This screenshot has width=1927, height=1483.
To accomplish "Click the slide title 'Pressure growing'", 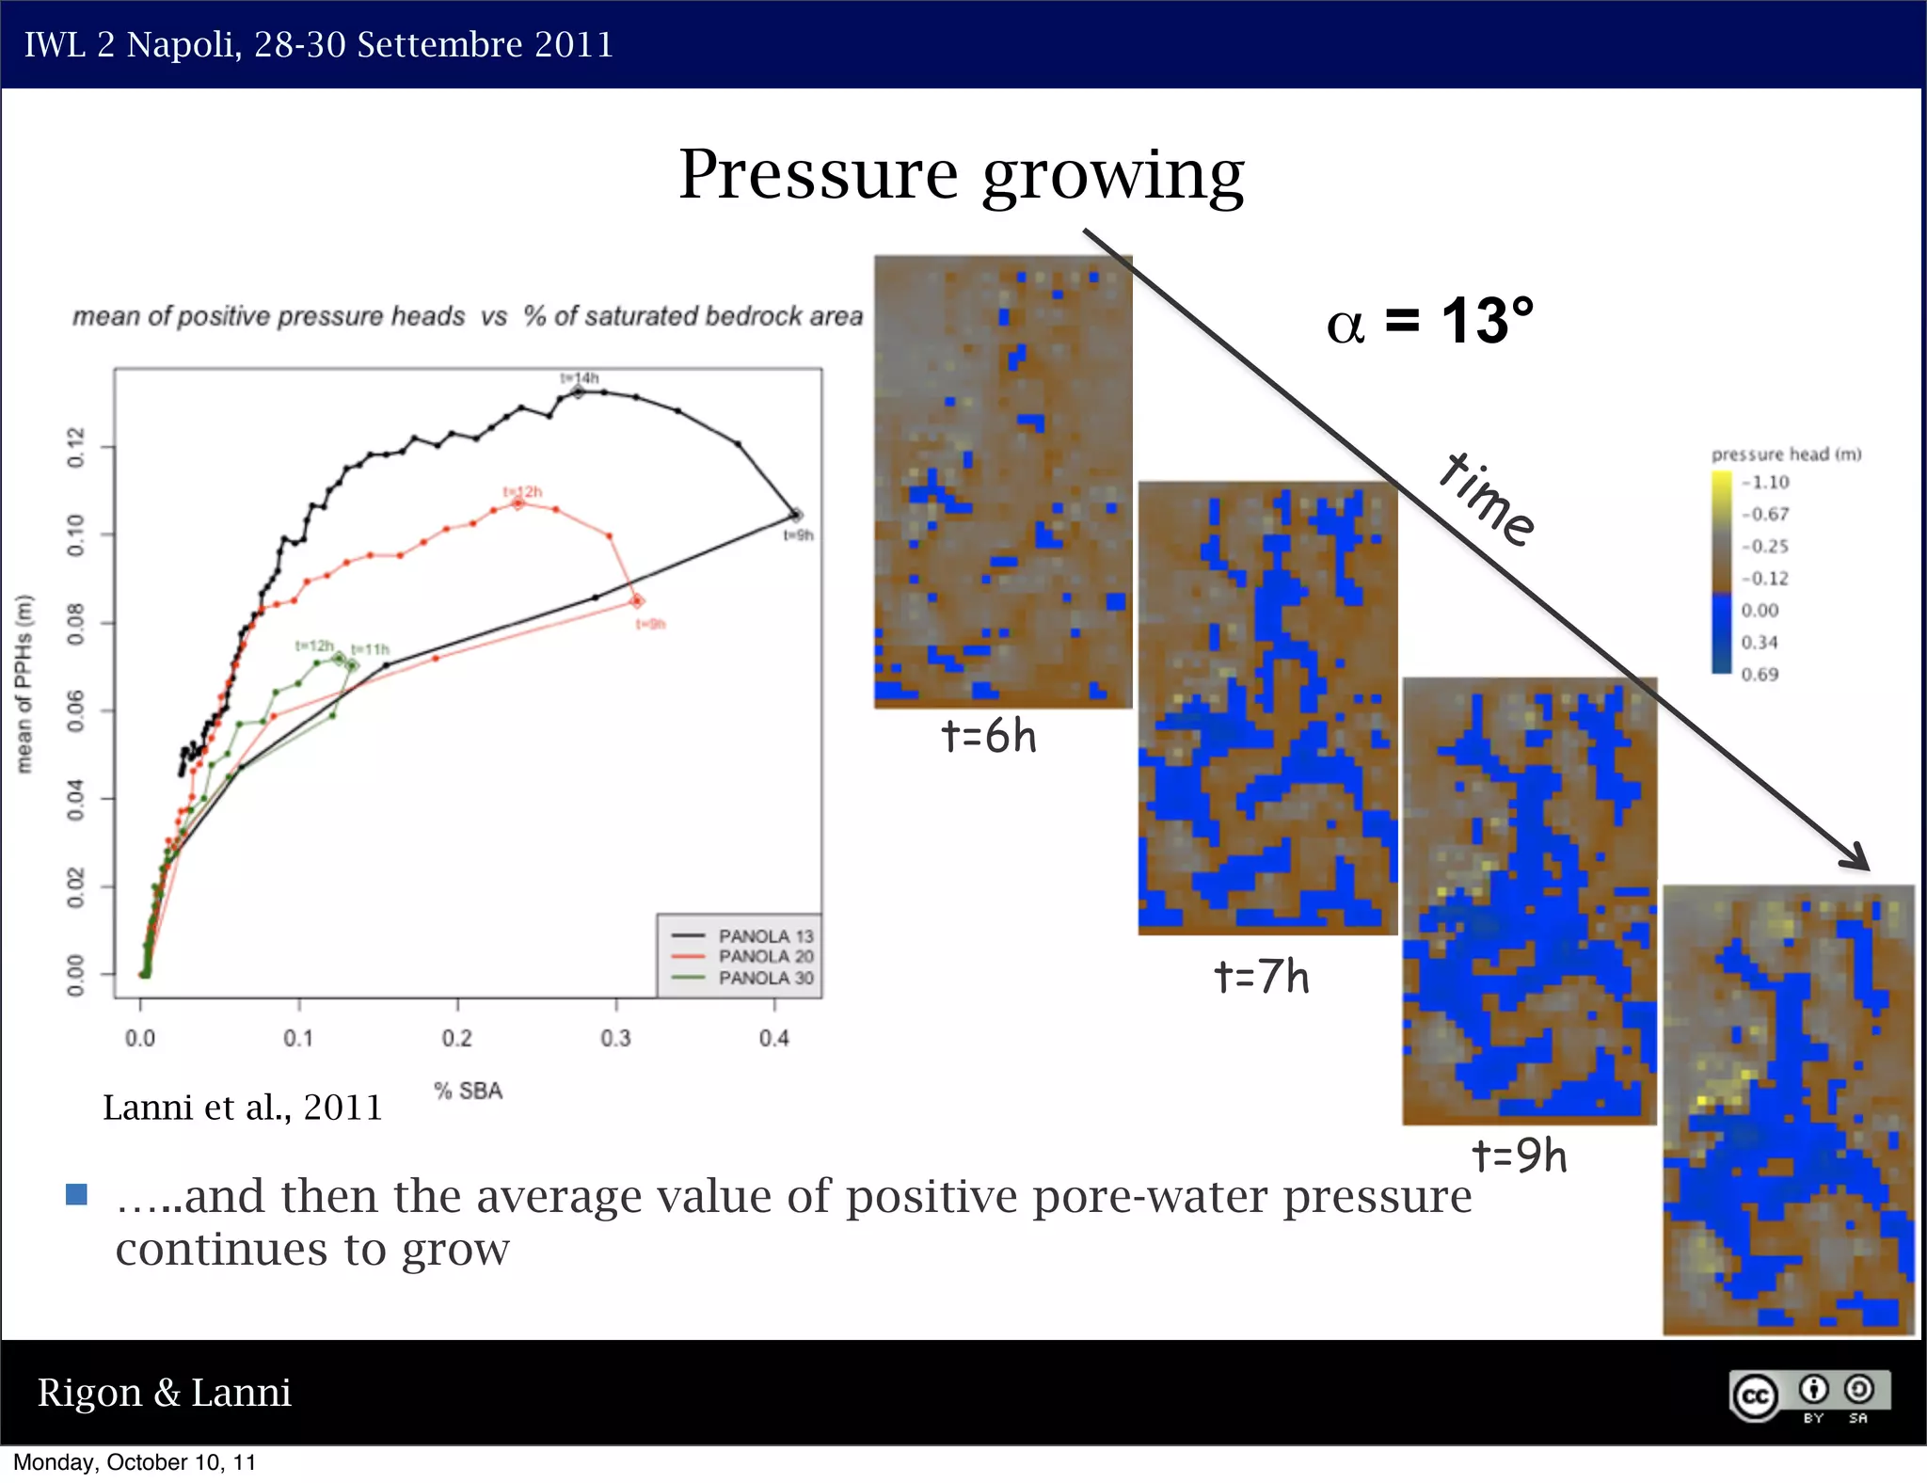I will click(x=961, y=176).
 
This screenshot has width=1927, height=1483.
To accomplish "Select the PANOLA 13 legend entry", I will click(x=765, y=935).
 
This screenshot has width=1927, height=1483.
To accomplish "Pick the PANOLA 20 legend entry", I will click(x=765, y=956).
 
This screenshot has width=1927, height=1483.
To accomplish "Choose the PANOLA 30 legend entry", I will click(x=765, y=978).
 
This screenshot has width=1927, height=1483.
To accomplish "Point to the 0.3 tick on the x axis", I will click(x=615, y=1038).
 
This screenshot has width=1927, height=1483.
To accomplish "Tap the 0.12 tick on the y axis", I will click(x=75, y=447).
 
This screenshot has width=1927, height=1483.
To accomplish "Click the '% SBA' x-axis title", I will click(x=468, y=1091).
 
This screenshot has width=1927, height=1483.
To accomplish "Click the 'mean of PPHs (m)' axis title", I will click(x=24, y=684).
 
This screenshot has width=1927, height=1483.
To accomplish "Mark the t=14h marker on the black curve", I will click(x=579, y=391).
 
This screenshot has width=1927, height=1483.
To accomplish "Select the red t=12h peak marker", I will click(x=518, y=504).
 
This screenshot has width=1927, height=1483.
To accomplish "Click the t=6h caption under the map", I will click(x=989, y=736).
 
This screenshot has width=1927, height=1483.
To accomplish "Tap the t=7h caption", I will click(x=1261, y=977).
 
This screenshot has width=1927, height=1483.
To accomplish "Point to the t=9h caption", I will click(x=1520, y=1156).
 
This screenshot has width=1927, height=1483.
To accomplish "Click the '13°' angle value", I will click(x=1487, y=322).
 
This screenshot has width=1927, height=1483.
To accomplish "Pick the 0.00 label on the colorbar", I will click(x=1759, y=610).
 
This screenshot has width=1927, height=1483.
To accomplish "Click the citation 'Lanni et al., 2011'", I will click(x=243, y=1108).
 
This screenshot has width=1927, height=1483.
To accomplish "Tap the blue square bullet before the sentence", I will click(x=77, y=1195).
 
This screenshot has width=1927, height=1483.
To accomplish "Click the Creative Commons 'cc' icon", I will click(x=1755, y=1395).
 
